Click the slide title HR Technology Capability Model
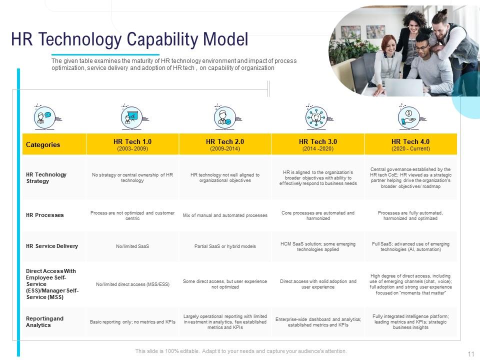(x=129, y=39)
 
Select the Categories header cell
(x=43, y=144)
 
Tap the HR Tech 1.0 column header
(x=132, y=144)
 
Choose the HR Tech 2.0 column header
(x=225, y=144)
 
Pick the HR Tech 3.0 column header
(x=318, y=144)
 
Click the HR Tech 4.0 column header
(x=410, y=144)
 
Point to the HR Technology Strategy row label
(x=46, y=178)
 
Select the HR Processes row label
(x=45, y=215)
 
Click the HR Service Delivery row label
(x=52, y=246)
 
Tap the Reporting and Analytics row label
(x=45, y=322)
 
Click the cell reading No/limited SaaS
(x=132, y=246)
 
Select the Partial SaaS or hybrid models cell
(x=225, y=246)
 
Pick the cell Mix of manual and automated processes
(x=225, y=215)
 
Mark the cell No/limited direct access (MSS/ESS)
(x=132, y=284)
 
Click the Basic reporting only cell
(x=132, y=322)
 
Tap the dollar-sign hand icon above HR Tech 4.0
(x=409, y=116)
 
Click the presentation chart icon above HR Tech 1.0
(x=132, y=117)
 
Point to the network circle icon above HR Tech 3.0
(x=316, y=117)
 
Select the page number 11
(x=470, y=354)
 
